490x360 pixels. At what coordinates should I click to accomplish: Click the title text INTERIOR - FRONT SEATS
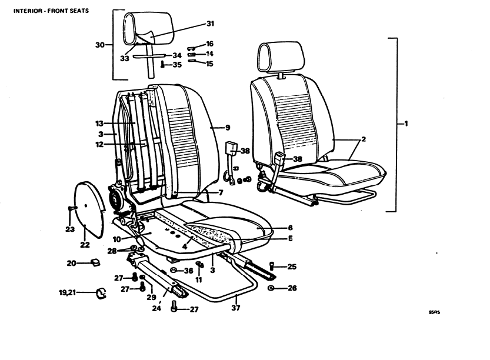pyautogui.click(x=46, y=11)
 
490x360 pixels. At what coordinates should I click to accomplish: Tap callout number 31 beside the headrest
pyautogui.click(x=210, y=24)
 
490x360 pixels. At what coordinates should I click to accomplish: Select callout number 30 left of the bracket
pyautogui.click(x=100, y=45)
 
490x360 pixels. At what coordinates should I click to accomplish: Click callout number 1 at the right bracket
pyautogui.click(x=406, y=124)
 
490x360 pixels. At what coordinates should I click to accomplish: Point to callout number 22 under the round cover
pyautogui.click(x=85, y=245)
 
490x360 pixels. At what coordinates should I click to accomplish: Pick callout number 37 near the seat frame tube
pyautogui.click(x=236, y=306)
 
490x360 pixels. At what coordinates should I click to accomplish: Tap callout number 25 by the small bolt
pyautogui.click(x=292, y=267)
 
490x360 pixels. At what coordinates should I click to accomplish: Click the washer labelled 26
pyautogui.click(x=271, y=288)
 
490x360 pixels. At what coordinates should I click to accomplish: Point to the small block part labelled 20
pyautogui.click(x=93, y=262)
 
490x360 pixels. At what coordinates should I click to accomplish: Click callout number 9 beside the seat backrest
pyautogui.click(x=228, y=127)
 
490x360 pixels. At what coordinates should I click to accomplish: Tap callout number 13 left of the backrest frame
pyautogui.click(x=99, y=124)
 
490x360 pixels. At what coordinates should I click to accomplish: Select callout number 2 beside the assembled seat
pyautogui.click(x=363, y=139)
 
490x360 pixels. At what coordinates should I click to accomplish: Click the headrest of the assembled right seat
pyautogui.click(x=281, y=56)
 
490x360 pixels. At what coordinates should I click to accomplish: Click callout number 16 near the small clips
pyautogui.click(x=209, y=44)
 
